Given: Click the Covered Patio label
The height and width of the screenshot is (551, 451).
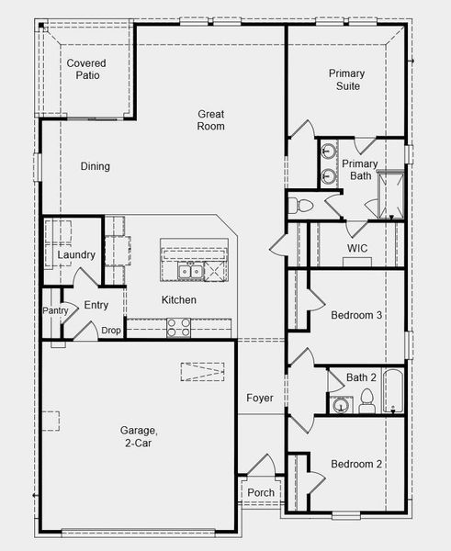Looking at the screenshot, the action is (x=86, y=69).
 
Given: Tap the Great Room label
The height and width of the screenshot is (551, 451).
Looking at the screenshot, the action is (x=210, y=120).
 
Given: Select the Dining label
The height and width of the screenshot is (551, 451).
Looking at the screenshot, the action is (x=96, y=166).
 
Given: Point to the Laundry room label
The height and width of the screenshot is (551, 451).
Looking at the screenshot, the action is (x=76, y=254).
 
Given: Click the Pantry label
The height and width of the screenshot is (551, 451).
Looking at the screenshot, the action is (x=55, y=310).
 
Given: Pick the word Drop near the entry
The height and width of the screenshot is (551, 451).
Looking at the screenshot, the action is (x=111, y=331).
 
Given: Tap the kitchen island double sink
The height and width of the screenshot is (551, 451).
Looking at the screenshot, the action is (x=190, y=272).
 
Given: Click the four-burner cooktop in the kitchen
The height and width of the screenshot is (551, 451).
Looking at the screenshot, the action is (x=178, y=328).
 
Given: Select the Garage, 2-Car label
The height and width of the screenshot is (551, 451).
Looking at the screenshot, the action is (x=139, y=436).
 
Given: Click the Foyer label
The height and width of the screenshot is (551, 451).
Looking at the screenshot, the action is (x=260, y=398).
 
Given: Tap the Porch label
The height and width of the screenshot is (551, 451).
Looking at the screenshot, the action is (x=261, y=492).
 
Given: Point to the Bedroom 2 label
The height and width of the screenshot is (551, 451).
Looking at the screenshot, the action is (x=356, y=464).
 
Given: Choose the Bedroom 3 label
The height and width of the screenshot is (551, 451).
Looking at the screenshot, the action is (x=356, y=315).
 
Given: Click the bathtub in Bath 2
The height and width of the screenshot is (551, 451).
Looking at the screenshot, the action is (x=393, y=391).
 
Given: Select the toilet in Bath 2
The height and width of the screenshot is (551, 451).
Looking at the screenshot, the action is (x=366, y=401).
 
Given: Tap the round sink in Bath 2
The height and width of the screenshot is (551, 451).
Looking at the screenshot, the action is (x=340, y=405).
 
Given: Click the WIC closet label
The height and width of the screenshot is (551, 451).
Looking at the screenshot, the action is (x=357, y=248).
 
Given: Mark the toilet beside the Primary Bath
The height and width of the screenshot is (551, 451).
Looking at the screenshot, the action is (x=299, y=206).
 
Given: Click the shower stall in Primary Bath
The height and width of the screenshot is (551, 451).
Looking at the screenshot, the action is (x=390, y=195).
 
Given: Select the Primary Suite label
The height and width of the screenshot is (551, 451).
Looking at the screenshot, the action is (x=347, y=80).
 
